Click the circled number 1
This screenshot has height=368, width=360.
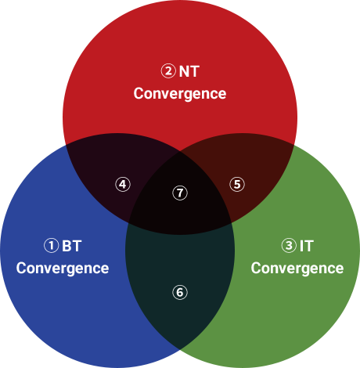pos(51,246)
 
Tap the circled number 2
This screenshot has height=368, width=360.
pos(168,70)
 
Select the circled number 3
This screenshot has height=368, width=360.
pos(289,246)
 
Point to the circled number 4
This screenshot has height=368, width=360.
pos(123,185)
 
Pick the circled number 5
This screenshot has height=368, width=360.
pos(237,184)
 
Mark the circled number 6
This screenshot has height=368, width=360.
pos(180,292)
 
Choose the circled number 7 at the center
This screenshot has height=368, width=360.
pos(180,193)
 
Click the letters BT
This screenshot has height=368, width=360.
pos(72,246)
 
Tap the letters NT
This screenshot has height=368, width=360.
pos(189,71)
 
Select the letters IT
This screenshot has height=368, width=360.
pos(307,246)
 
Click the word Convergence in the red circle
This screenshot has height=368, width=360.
pos(180,94)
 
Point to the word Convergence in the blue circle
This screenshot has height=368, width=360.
pos(63,269)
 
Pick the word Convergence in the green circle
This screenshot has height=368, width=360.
pos(297,269)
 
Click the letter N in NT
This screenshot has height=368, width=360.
pos(184,71)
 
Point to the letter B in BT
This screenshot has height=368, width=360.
pos(67,246)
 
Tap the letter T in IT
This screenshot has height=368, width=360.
pos(308,246)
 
